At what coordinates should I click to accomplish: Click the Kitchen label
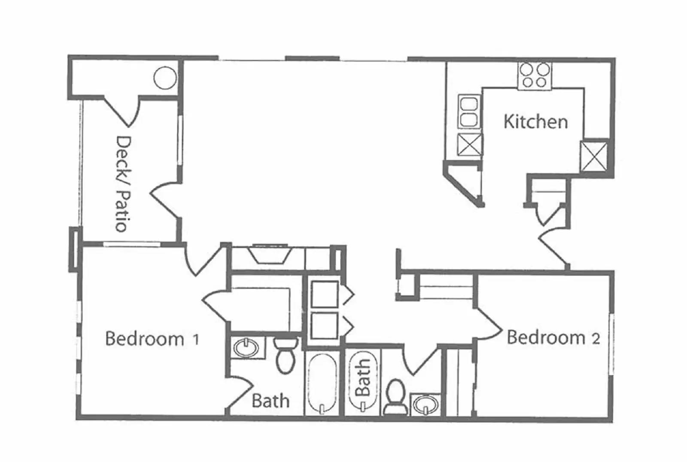tap(535, 122)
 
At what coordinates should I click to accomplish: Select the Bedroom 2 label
tap(553, 338)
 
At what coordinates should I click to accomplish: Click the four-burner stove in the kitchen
tap(534, 76)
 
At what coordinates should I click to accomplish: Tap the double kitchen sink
tap(468, 112)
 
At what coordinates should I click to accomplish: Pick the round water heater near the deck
tap(165, 78)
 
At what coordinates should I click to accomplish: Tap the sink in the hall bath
tap(425, 404)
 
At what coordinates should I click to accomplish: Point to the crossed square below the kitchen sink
tap(470, 145)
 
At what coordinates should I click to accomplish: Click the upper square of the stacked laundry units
tap(324, 294)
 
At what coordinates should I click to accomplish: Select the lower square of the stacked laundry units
tap(324, 326)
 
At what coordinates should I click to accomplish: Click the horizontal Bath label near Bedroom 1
tap(271, 401)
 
